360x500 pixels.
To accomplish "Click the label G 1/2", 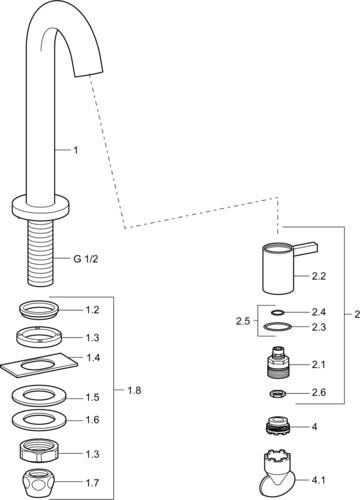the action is point(86,259).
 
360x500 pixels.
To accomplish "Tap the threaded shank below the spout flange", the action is point(40,252).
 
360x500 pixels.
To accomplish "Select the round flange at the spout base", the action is point(41,208).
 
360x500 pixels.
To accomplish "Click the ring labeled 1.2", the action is point(39,311).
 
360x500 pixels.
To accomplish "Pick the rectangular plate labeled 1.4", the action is point(39,365).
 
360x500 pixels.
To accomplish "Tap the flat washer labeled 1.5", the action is point(39,396).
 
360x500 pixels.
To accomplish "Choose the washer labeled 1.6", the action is point(39,420).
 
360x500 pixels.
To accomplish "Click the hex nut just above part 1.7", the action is point(39,451).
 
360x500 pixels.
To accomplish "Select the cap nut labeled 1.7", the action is point(39,481).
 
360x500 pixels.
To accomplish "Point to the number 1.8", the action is point(134,390).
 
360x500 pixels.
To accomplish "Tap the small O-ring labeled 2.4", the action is point(277,313).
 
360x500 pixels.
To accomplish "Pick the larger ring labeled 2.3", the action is point(277,327).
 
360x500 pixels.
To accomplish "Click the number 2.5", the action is point(243,321).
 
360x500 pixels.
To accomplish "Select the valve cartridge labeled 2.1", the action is point(278,363).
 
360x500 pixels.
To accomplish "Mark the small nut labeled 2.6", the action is point(278,394).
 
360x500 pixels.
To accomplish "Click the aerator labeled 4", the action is point(278,425).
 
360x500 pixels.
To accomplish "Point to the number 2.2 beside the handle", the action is point(319,276).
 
